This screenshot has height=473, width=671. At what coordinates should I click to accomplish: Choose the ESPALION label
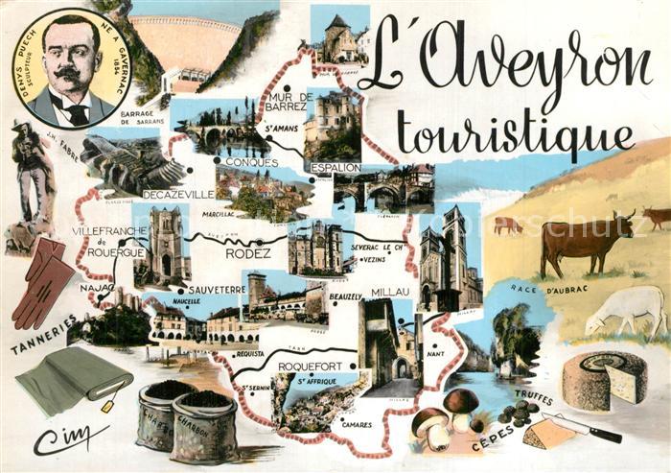coord(335,167)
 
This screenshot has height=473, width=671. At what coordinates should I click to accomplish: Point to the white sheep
coord(628,308)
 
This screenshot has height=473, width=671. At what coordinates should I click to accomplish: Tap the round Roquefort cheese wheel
coord(604,380)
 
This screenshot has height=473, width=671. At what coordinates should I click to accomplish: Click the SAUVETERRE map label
coord(218,287)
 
